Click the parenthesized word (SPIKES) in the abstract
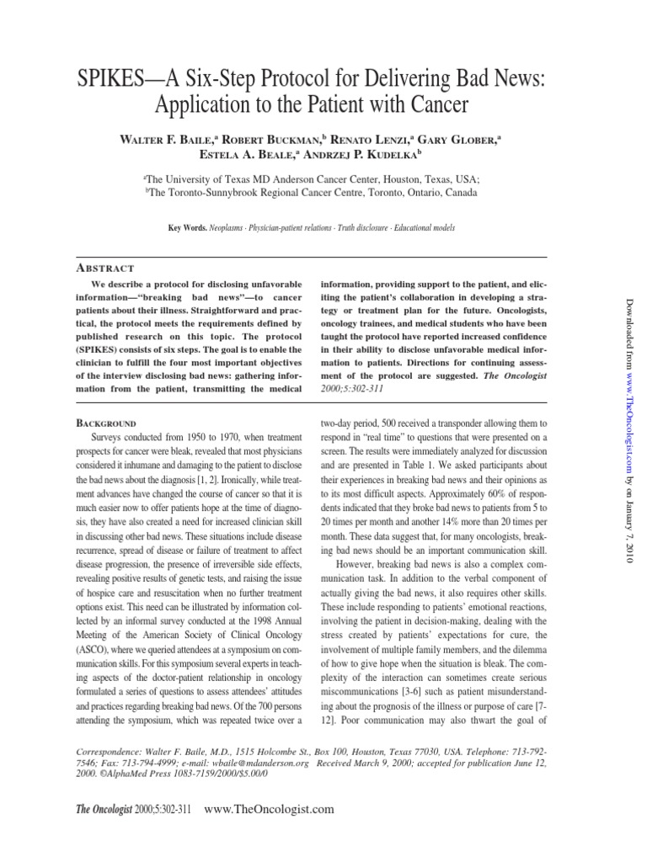point(99,338)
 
